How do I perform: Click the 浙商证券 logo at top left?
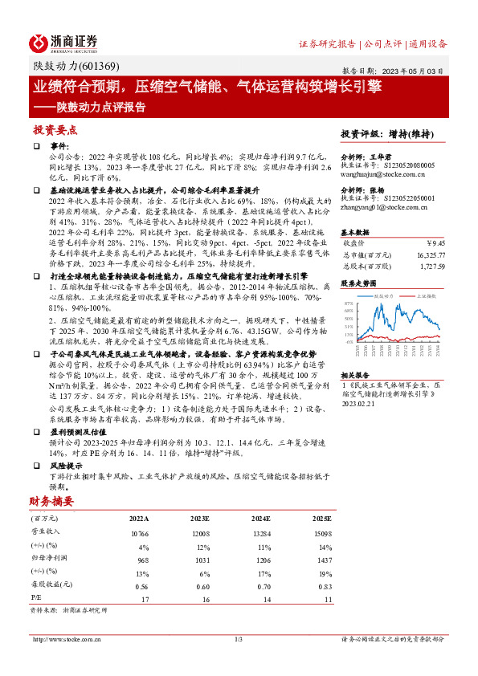[64, 42]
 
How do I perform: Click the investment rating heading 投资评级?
[358, 133]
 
